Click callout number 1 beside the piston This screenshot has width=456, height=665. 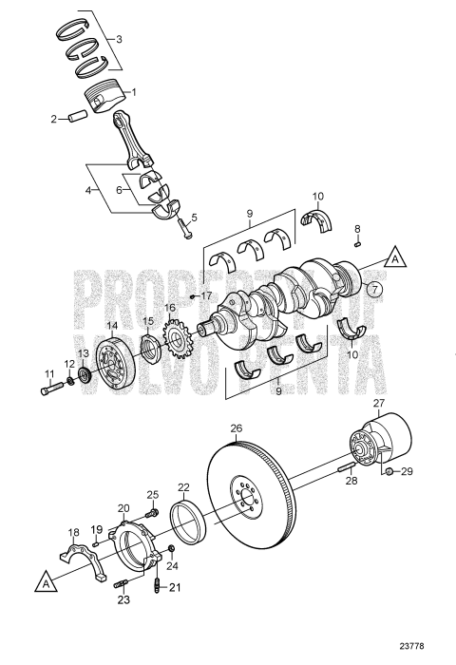(134, 92)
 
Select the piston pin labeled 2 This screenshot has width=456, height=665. (74, 119)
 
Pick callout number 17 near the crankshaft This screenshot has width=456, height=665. (205, 295)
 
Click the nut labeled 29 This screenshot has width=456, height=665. (389, 470)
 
